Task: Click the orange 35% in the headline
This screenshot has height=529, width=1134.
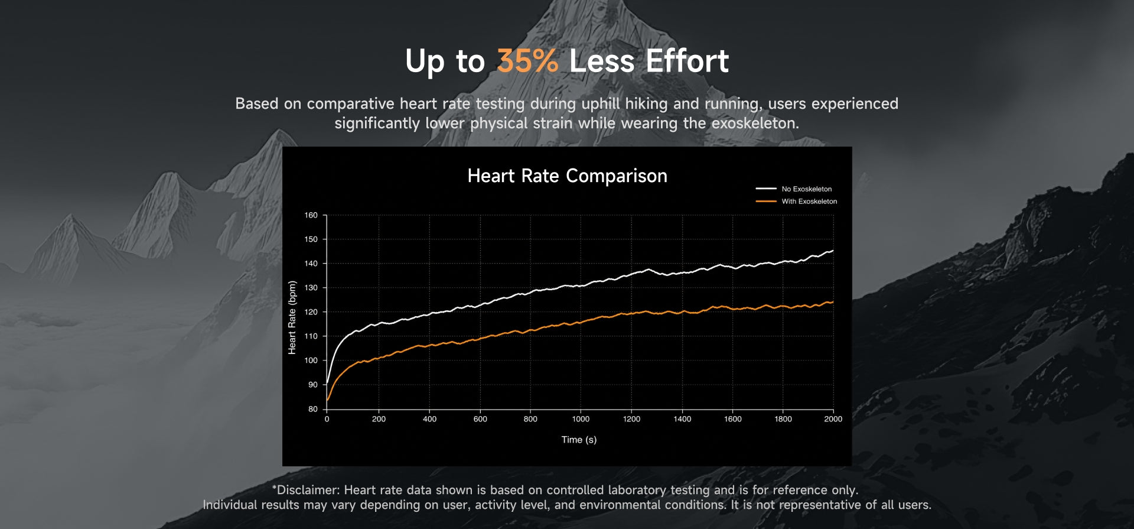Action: (527, 61)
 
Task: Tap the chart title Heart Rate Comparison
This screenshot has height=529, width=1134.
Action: (567, 176)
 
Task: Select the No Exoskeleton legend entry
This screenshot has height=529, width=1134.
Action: (794, 189)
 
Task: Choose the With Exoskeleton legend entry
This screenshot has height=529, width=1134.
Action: (796, 202)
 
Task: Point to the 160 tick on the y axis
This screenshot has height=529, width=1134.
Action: (311, 215)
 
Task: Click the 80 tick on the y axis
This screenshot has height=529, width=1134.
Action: (312, 409)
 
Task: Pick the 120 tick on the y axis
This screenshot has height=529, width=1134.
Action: (311, 312)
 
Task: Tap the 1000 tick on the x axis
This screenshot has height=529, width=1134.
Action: (581, 419)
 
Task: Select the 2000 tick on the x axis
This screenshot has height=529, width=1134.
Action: (833, 419)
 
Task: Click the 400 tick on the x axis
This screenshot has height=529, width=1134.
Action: (429, 419)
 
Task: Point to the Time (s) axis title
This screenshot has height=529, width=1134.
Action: (579, 440)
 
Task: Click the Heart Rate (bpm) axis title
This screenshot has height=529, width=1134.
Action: (292, 317)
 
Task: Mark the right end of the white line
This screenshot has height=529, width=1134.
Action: (833, 251)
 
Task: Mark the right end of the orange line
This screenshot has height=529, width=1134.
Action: (833, 302)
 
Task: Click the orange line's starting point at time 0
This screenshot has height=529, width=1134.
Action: (327, 400)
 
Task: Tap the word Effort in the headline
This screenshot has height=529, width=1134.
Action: (687, 61)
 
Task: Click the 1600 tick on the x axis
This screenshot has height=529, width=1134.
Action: (732, 419)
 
